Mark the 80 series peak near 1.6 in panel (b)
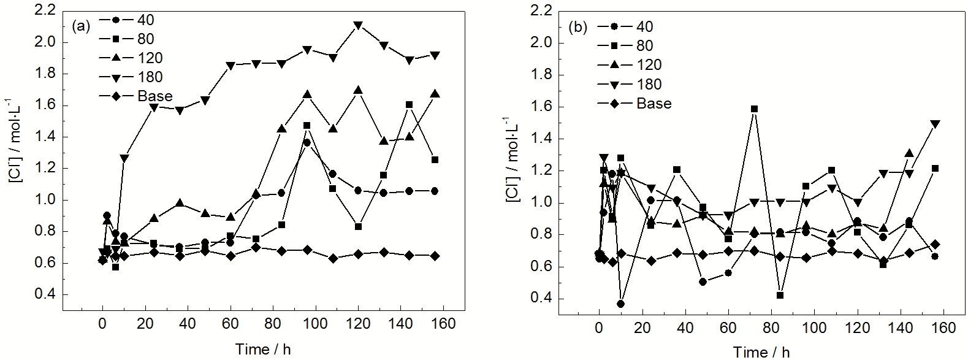click(754, 109)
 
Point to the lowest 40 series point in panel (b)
click(620, 304)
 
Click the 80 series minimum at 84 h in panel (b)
click(780, 295)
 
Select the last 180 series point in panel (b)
click(934, 124)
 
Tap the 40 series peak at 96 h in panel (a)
click(307, 142)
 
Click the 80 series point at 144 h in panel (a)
click(409, 105)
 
